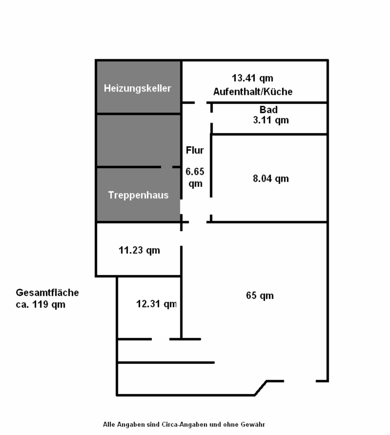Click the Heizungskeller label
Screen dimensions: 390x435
click(x=137, y=88)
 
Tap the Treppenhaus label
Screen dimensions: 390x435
click(x=138, y=195)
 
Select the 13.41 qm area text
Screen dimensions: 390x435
click(x=253, y=79)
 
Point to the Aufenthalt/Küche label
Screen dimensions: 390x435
click(x=253, y=92)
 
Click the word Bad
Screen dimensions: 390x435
click(x=268, y=110)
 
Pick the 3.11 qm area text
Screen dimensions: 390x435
click(x=271, y=120)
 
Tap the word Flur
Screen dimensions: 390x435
click(x=195, y=150)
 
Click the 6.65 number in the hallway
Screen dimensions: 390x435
click(x=195, y=172)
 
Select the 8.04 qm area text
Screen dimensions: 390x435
click(x=270, y=179)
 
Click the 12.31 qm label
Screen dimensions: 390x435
click(x=156, y=304)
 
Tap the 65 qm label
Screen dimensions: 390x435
click(x=260, y=296)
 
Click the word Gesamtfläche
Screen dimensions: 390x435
click(x=47, y=293)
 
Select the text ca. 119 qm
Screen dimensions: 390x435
click(x=40, y=304)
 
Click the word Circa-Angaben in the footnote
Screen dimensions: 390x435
click(x=180, y=425)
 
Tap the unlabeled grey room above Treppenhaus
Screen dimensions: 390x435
click(x=138, y=140)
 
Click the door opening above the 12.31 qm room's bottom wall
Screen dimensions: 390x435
click(x=161, y=339)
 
